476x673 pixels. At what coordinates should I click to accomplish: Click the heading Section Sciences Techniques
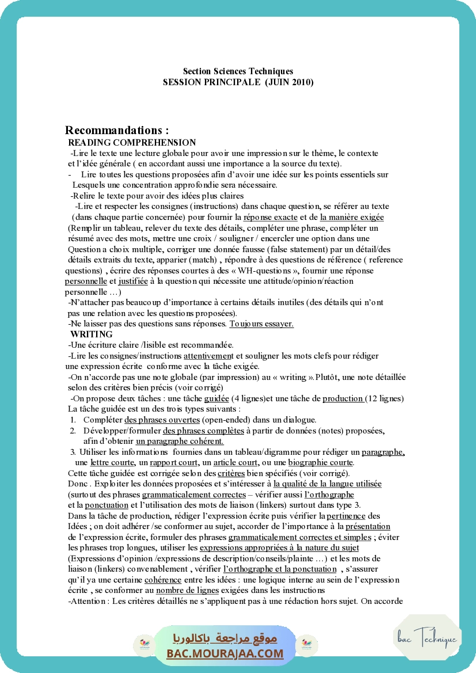click(238, 71)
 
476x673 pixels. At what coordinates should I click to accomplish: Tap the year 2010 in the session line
click(298, 82)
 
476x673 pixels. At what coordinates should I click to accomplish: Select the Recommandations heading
click(117, 130)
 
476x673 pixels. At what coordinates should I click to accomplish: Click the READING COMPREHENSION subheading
click(132, 142)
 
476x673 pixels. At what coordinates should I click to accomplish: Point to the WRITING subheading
click(92, 334)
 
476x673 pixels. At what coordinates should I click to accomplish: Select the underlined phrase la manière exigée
click(352, 217)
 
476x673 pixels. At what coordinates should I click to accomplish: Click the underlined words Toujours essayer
click(261, 324)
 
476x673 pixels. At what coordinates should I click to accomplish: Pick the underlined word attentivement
click(209, 356)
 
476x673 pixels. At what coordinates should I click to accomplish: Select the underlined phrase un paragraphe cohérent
click(180, 441)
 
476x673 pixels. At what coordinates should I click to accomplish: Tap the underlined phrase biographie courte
click(321, 463)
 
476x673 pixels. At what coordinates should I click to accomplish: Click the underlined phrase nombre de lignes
click(187, 590)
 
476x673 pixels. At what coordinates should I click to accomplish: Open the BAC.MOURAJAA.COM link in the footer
click(225, 653)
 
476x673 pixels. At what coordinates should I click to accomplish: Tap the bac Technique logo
click(427, 638)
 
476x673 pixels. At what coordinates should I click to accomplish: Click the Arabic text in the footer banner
click(225, 638)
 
